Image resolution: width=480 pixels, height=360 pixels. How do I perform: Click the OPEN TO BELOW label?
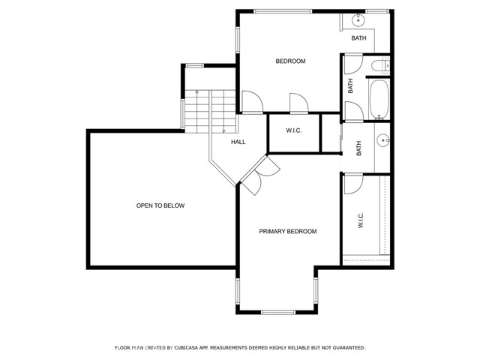(160, 205)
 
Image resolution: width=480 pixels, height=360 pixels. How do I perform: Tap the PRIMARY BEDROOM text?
(288, 232)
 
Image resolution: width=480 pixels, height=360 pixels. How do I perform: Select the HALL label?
(238, 142)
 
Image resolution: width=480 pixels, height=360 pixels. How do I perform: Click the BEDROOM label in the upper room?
(290, 61)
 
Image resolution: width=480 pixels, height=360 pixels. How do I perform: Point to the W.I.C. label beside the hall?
(293, 131)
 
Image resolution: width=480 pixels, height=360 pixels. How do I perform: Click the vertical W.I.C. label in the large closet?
(361, 220)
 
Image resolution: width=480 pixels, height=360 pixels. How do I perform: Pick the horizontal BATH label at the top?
(358, 38)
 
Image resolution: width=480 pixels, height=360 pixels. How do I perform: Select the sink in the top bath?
(358, 17)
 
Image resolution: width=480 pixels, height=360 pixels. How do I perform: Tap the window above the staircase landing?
(194, 65)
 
